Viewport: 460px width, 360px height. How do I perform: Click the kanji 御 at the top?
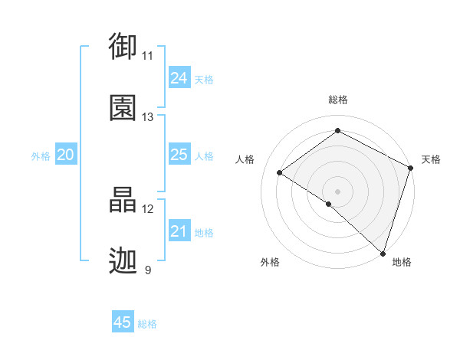point(123,47)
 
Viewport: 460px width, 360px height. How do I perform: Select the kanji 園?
point(123,108)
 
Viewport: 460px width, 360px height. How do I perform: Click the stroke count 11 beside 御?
point(148,56)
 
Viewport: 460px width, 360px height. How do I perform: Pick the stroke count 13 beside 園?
point(148,117)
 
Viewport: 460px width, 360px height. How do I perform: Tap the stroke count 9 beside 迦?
point(148,270)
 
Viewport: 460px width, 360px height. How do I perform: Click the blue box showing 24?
point(179,78)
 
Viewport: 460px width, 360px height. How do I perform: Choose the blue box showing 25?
point(179,155)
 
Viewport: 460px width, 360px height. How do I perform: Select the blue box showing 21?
point(179,231)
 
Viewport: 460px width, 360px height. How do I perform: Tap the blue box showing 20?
point(66,155)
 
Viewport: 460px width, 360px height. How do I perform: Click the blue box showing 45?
point(123,322)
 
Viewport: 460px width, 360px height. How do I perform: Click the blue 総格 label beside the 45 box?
point(147,324)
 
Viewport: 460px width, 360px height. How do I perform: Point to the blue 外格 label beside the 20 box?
point(41,155)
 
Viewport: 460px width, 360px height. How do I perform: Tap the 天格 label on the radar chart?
point(431,159)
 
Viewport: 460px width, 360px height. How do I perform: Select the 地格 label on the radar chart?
point(402,262)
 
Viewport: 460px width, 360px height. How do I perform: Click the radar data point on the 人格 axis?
point(280,172)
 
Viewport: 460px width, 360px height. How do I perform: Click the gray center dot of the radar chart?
point(337,191)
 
